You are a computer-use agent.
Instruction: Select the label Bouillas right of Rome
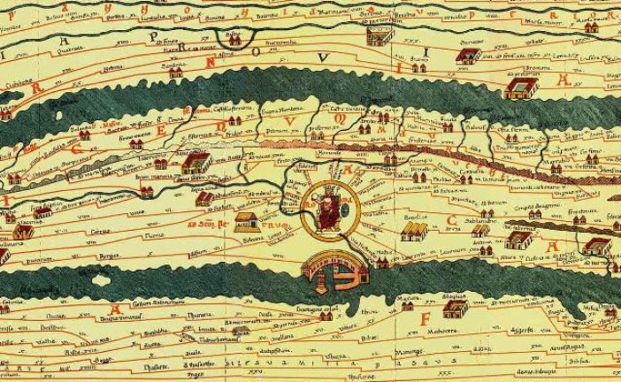point(416,215)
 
